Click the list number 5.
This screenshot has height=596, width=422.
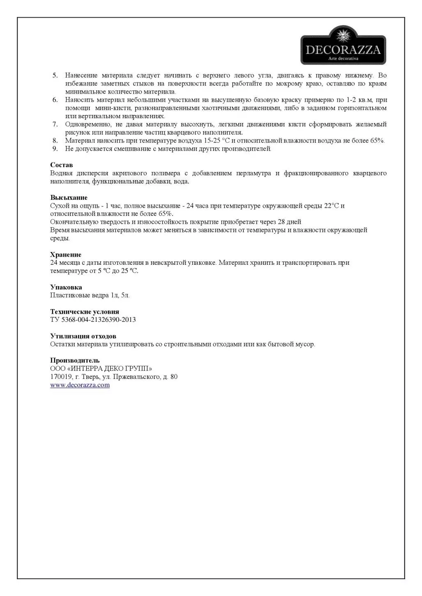point(55,76)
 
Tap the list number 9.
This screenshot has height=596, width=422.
point(55,149)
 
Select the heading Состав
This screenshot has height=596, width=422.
point(61,165)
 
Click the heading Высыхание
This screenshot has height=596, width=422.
point(69,197)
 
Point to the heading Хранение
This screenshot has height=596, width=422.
point(66,254)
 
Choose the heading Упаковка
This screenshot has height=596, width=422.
point(66,287)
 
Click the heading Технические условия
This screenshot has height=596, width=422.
point(84,312)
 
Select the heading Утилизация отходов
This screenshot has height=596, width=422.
point(83,336)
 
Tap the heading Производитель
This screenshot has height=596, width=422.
point(75,360)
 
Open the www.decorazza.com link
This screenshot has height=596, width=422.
point(80,385)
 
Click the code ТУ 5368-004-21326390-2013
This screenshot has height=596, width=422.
point(93,320)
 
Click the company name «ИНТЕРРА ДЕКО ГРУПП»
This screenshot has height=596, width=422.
point(110,369)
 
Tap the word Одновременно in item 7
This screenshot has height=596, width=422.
point(85,124)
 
